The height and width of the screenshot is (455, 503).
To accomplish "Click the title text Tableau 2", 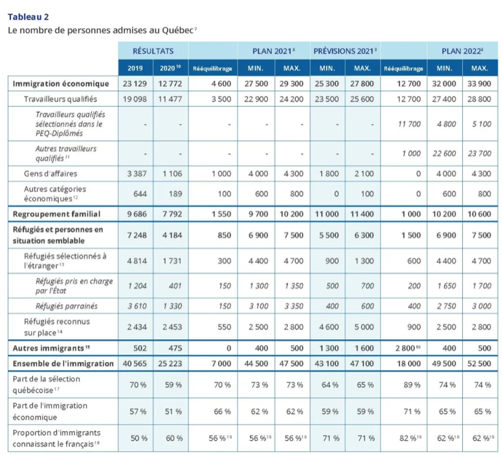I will pos(28,16).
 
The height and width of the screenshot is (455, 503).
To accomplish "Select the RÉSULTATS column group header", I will pos(153,50).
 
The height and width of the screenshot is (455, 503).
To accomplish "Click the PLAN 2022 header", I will pos(462,50).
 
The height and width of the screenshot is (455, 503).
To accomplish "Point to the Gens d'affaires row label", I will pos(51,173).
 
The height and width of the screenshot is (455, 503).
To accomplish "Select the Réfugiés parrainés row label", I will pos(66,305).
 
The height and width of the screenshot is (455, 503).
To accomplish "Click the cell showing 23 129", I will pos(135,83).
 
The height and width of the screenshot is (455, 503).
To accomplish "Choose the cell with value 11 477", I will pos(171,99).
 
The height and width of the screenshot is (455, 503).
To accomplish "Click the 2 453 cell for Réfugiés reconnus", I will pos(171,326).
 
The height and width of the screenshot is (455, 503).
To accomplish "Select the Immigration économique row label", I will pos(61,83).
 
